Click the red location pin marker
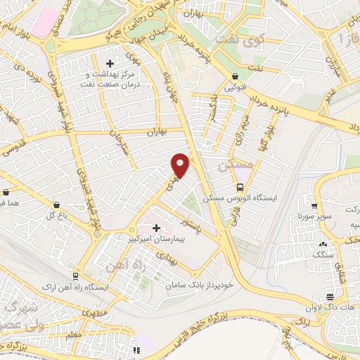pyautogui.click(x=181, y=165)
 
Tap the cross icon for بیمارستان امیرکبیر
pyautogui.click(x=156, y=228)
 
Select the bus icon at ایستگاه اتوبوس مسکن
pyautogui.click(x=240, y=187)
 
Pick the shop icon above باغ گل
pyautogui.click(x=56, y=205)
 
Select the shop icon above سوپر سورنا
pyautogui.click(x=309, y=207)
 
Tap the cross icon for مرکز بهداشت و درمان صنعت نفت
pyautogui.click(x=109, y=64)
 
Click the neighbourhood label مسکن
pyautogui.click(x=233, y=168)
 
